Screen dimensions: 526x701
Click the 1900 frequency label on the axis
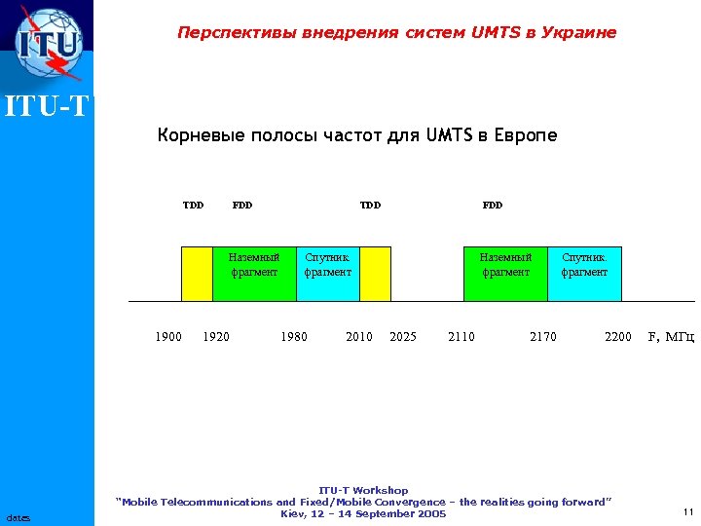point(168,337)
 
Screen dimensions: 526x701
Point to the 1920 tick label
point(216,337)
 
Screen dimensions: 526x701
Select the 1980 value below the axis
point(293,337)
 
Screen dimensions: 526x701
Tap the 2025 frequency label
point(402,337)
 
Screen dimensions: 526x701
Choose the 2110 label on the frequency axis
point(461,337)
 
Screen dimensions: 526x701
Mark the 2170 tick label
point(542,337)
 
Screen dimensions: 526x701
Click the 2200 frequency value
point(617,337)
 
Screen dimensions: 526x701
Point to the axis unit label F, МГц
point(671,337)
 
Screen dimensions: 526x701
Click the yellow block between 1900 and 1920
point(198,273)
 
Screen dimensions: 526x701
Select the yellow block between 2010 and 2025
point(375,273)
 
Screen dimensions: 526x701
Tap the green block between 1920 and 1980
point(253,273)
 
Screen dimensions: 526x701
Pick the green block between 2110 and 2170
point(505,273)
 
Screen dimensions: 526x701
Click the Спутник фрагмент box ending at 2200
point(584,273)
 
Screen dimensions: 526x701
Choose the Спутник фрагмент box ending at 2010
point(327,273)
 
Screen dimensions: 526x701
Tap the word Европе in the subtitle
point(526,135)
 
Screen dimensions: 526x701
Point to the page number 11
point(687,511)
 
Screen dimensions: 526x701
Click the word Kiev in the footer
point(293,513)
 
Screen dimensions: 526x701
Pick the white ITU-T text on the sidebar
point(47,106)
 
